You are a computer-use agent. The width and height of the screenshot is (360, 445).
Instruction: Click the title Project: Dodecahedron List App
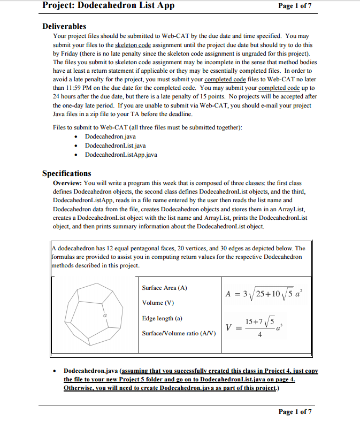(108, 6)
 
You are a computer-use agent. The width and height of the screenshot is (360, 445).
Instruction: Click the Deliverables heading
(64, 26)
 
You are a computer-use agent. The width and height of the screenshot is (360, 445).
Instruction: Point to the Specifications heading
(67, 173)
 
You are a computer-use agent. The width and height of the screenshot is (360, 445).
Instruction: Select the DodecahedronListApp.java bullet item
(121, 155)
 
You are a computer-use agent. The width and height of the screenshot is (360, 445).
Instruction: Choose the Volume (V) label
(158, 303)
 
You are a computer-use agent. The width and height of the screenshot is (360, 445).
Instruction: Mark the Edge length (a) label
(162, 318)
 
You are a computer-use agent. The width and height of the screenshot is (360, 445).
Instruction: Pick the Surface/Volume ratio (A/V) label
(179, 333)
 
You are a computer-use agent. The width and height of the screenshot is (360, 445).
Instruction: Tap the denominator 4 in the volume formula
(259, 336)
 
